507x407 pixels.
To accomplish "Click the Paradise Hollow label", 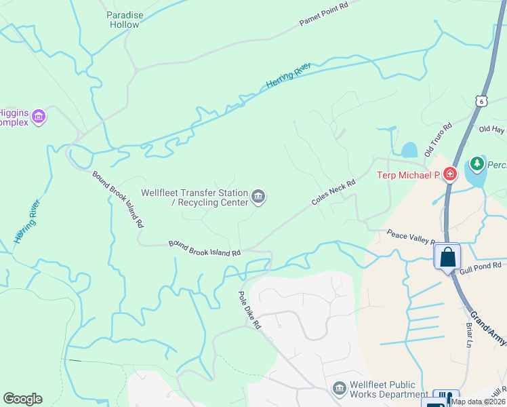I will point(124,20).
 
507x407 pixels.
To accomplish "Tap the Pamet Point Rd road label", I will point(323,14).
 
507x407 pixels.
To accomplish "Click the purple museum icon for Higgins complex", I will point(39,117).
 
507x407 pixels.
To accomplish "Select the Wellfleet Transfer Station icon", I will point(258,197).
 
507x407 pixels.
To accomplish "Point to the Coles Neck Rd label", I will point(333,193).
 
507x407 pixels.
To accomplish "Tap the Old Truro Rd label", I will point(438,140).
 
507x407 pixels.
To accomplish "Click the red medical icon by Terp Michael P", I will point(449,175).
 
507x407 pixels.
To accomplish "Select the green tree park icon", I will point(477,164).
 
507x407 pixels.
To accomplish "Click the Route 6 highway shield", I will point(481,100).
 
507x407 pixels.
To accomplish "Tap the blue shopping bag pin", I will point(447,257).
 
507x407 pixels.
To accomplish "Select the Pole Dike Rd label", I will point(249,311).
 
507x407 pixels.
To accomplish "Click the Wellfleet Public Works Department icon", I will point(338,389).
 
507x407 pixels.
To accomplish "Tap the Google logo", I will point(22,399).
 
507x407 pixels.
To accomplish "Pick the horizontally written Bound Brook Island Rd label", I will point(205,248).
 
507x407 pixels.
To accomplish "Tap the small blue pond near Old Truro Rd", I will point(409,150).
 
